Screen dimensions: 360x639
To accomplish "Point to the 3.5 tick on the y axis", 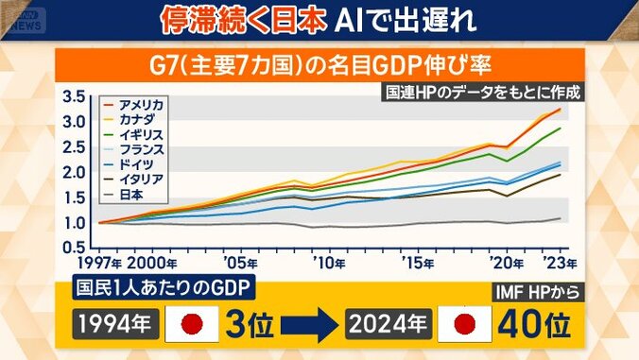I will coord(74,97).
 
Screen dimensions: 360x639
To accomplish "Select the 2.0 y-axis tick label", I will coord(74,173).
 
